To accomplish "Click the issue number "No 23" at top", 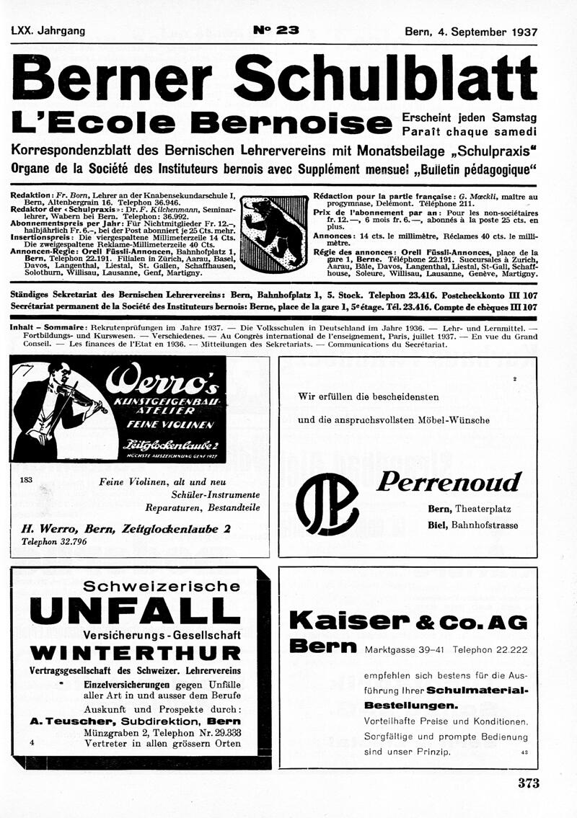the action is [x=276, y=30].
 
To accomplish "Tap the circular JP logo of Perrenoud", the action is [x=327, y=502].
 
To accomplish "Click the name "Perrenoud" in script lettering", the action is [x=448, y=481].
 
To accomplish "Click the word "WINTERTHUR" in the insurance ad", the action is [x=136, y=654].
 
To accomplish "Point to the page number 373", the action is [x=528, y=783].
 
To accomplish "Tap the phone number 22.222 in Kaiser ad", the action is [x=508, y=649].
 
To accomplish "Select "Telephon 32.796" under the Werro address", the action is [x=54, y=541].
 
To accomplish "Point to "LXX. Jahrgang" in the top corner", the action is [x=48, y=31].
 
